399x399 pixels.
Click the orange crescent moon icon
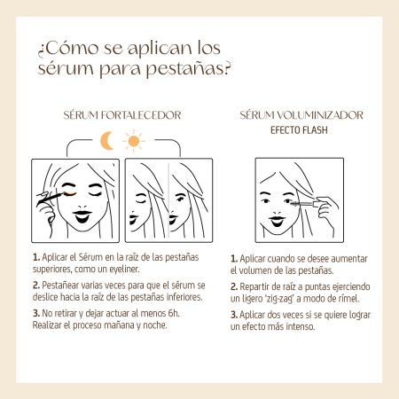pyautogui.click(x=106, y=141)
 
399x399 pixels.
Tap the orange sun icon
pyautogui.click(x=134, y=141)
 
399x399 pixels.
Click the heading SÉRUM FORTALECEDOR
pyautogui.click(x=122, y=115)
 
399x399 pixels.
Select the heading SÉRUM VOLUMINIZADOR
pyautogui.click(x=301, y=115)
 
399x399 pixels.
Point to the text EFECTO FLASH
pyautogui.click(x=299, y=130)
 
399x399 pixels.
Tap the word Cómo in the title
pyautogui.click(x=72, y=48)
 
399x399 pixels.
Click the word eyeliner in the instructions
pyautogui.click(x=124, y=269)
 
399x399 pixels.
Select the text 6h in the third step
pyautogui.click(x=174, y=313)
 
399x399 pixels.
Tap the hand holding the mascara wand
pyautogui.click(x=326, y=210)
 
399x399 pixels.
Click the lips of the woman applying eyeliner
pyautogui.click(x=82, y=216)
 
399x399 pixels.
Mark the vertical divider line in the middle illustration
pyautogui.click(x=168, y=200)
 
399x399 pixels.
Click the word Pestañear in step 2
pyautogui.click(x=60, y=286)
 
